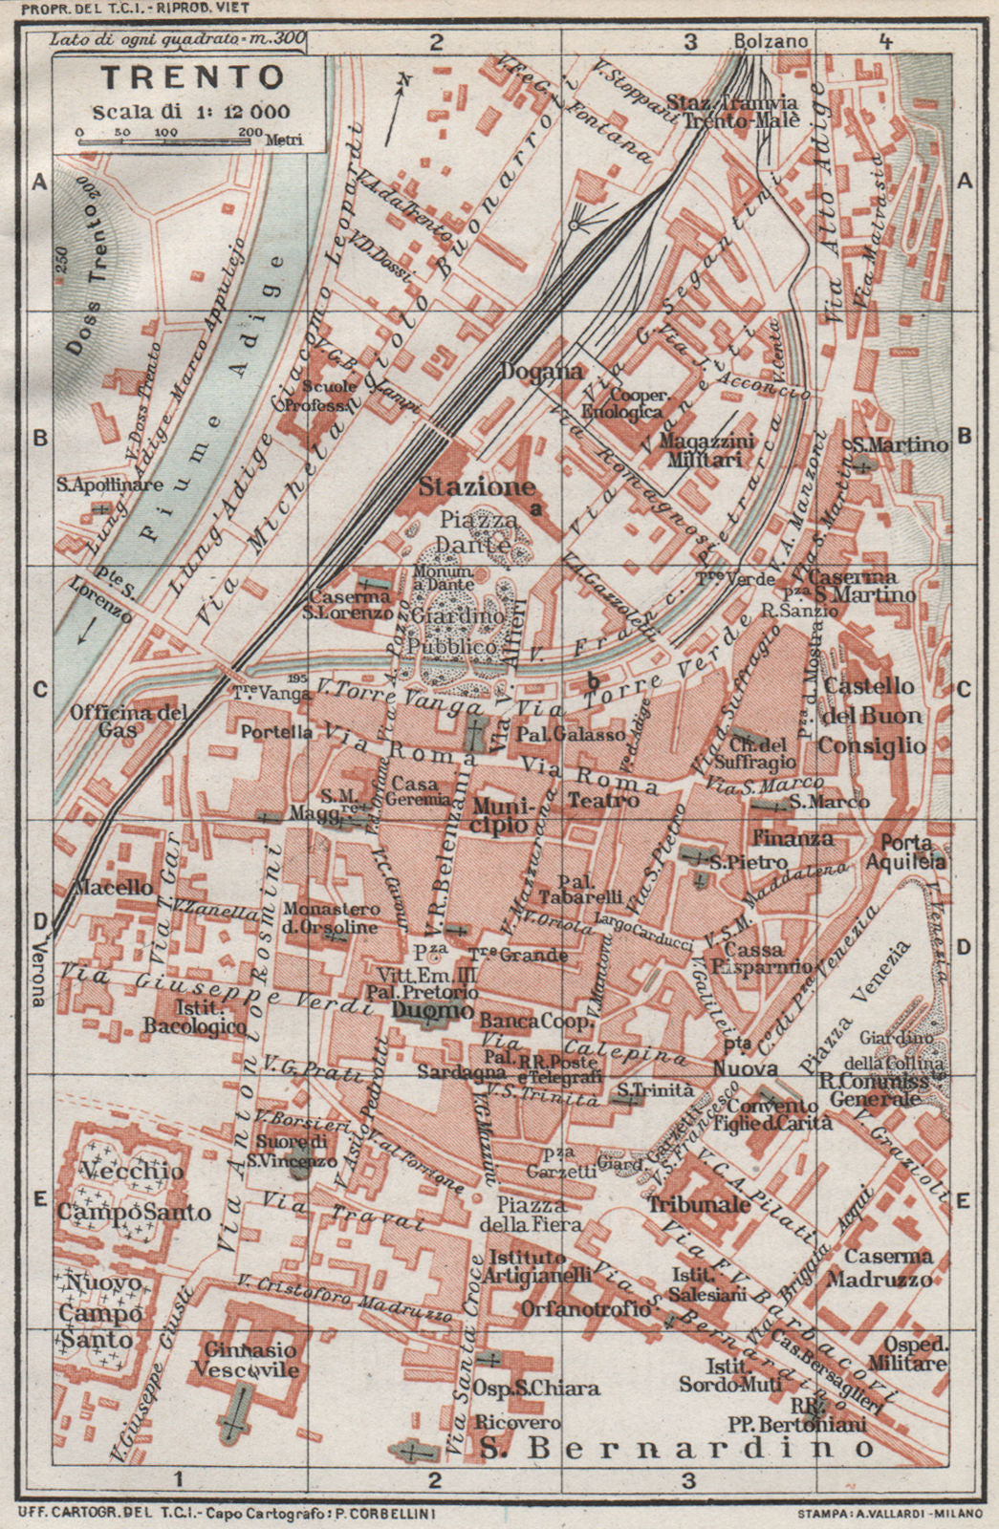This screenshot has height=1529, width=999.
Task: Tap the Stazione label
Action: tap(475, 487)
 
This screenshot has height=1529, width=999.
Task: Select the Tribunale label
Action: tap(701, 1205)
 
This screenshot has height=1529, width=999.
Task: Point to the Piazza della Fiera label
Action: tap(525, 1216)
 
